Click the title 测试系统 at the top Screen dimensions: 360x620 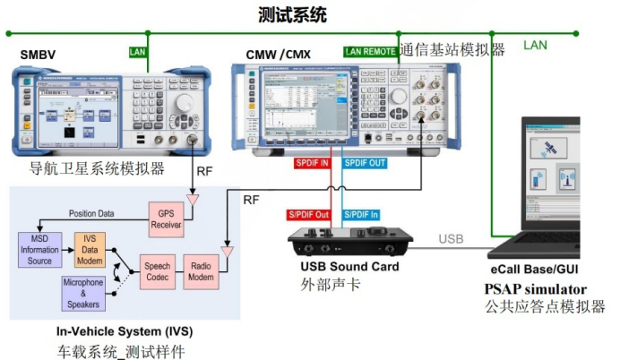pos(292,14)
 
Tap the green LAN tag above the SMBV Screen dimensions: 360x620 pos(138,52)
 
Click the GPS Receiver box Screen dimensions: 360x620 pos(165,219)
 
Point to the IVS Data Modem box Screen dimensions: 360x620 pos(90,250)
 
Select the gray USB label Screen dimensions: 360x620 pos(453,237)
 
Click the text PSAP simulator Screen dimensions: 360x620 pos(536,288)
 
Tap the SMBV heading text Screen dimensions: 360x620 pos(39,56)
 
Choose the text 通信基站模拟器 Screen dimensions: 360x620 pos(452,50)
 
